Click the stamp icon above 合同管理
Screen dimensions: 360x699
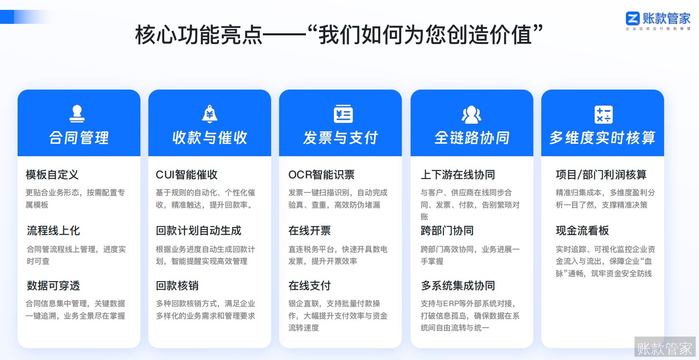point(77,114)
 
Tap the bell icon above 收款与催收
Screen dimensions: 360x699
point(209,114)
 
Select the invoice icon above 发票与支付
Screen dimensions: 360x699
point(343,114)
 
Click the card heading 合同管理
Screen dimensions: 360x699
point(79,138)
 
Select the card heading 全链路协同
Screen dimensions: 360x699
point(472,138)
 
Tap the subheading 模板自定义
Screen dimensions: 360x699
point(52,175)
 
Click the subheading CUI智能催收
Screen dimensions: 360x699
point(186,175)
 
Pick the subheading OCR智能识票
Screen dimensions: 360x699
point(321,175)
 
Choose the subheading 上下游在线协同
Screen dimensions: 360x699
point(458,175)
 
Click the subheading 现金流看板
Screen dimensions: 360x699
point(582,231)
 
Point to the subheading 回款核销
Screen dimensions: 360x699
point(177,286)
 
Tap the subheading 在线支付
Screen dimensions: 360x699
point(309,286)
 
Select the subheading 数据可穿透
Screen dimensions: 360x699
point(53,286)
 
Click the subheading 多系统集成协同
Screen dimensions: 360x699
point(458,286)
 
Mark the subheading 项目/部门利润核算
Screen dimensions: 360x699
point(601,175)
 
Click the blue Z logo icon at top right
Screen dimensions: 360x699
point(632,18)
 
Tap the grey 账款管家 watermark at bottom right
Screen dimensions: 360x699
point(665,348)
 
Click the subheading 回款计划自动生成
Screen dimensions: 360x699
point(198,231)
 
